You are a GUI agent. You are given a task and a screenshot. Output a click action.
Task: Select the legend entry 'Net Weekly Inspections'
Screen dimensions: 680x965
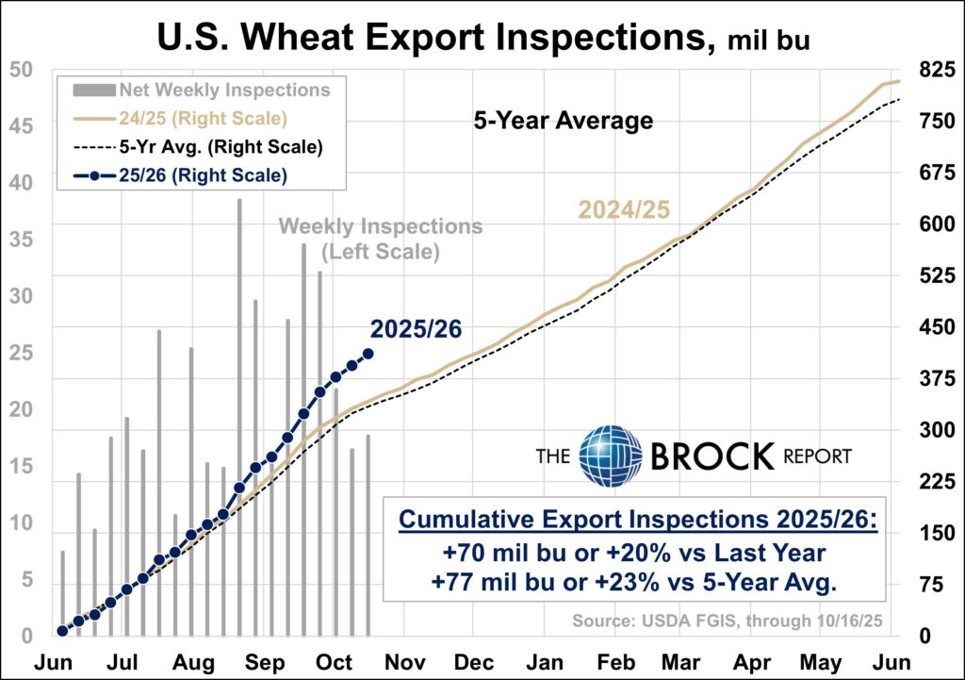tap(224, 91)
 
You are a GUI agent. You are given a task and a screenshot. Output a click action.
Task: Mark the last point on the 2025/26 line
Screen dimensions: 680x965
tap(368, 354)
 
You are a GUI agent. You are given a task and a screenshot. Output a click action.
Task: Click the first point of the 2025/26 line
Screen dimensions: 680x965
tap(63, 631)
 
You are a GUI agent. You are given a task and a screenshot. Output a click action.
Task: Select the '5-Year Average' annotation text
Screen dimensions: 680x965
tap(563, 121)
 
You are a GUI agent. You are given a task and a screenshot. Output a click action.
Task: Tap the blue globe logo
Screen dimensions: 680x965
tap(611, 456)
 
